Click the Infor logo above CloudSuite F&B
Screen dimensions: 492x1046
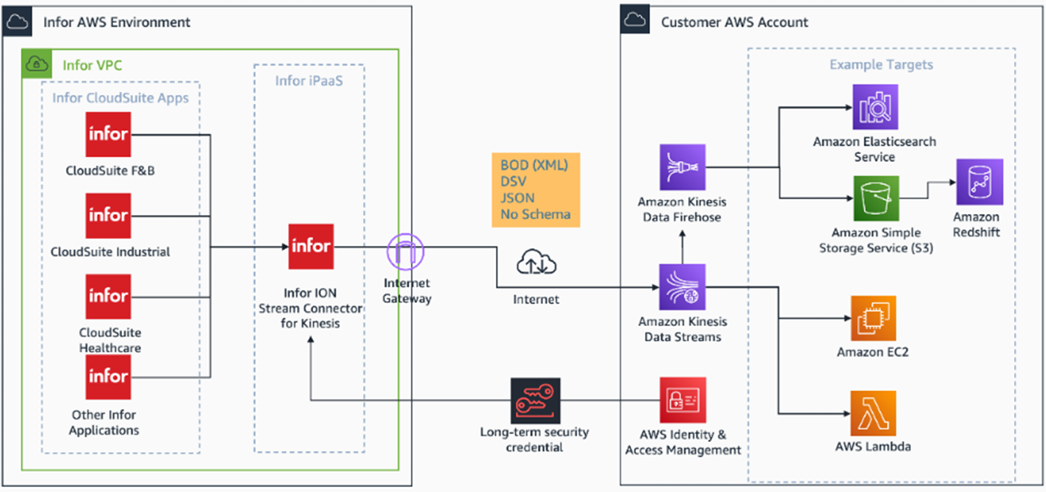pyautogui.click(x=109, y=134)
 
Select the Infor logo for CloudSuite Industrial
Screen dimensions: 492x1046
pyautogui.click(x=109, y=215)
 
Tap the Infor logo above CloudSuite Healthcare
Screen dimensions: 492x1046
pyautogui.click(x=109, y=296)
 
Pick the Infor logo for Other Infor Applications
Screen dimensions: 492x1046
pyautogui.click(x=109, y=377)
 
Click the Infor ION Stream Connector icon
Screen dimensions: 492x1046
pyautogui.click(x=311, y=247)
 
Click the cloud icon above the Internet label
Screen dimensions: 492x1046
pyautogui.click(x=536, y=264)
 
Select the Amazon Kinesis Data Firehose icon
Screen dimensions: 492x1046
pyautogui.click(x=683, y=167)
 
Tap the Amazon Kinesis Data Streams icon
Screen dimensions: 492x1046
pyautogui.click(x=683, y=286)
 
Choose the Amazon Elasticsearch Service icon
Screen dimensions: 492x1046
pyautogui.click(x=874, y=107)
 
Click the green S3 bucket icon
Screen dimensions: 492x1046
pyautogui.click(x=877, y=199)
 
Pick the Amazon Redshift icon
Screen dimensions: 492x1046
pyautogui.click(x=980, y=182)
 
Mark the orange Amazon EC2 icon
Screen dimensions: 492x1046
pyautogui.click(x=873, y=318)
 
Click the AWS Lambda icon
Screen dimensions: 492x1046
pyautogui.click(x=873, y=413)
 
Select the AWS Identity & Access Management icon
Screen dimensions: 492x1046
pyautogui.click(x=683, y=400)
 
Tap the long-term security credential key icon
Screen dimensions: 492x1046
pyautogui.click(x=535, y=400)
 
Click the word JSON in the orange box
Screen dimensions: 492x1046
pyautogui.click(x=517, y=198)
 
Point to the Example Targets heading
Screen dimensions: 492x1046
pyautogui.click(x=881, y=65)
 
